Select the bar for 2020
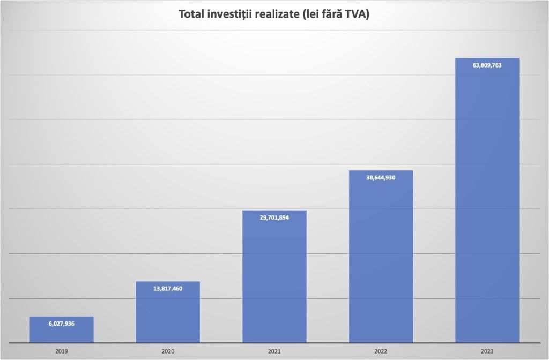point(168,316)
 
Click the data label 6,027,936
point(61,324)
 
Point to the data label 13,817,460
point(168,289)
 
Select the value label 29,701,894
point(274,217)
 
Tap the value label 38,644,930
point(381,178)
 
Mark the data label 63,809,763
point(487,65)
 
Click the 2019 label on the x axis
point(61,351)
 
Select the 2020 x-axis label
point(168,351)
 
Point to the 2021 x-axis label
point(274,351)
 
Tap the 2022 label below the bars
point(381,351)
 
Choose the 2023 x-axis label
point(487,351)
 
